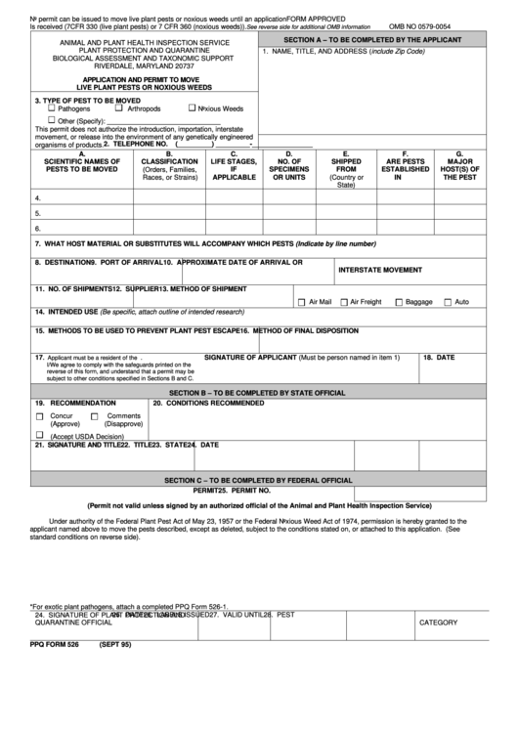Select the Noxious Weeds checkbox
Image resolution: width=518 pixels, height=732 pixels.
192,108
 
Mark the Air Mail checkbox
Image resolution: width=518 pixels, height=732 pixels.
300,302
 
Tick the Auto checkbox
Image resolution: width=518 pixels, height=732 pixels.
448,302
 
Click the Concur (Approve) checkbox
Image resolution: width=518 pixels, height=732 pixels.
40,416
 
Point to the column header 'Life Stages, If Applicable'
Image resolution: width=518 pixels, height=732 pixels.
234,166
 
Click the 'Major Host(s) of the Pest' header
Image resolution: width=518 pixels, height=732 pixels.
461,166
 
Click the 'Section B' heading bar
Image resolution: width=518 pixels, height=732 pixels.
258,392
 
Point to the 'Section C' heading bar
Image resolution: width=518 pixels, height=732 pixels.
258,480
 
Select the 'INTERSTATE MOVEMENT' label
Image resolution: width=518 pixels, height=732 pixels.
380,269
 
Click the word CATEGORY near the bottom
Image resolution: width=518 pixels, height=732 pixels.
439,623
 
